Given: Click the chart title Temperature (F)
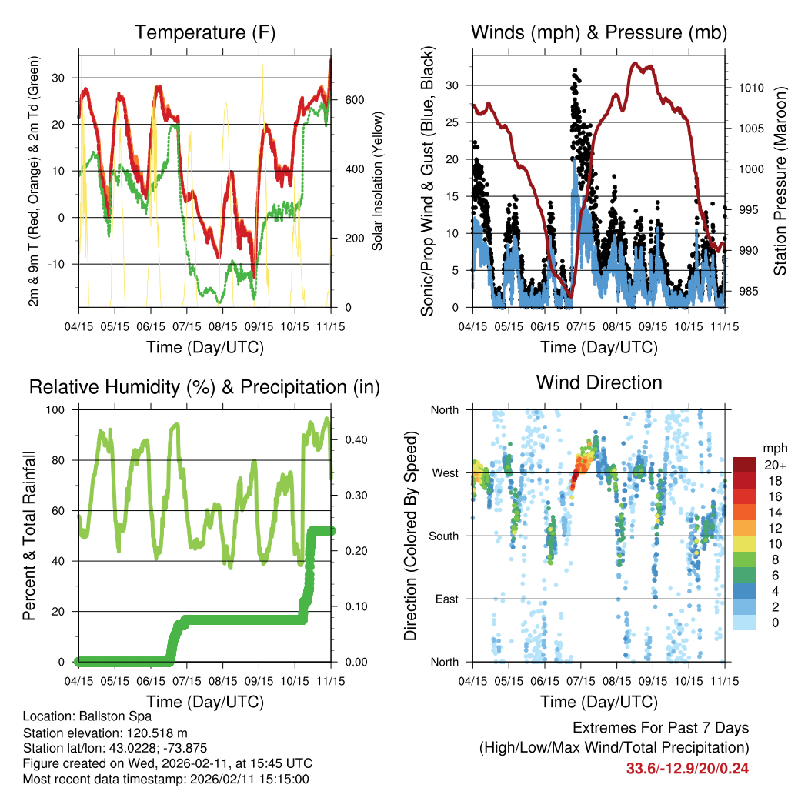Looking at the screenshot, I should click(205, 32).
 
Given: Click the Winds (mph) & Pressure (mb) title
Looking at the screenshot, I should click(599, 32).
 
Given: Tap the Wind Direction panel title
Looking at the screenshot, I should click(599, 382).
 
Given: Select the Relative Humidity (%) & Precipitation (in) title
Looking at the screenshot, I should click(205, 387).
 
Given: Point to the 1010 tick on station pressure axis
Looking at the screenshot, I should click(751, 88).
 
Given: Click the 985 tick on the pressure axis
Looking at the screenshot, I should click(748, 291).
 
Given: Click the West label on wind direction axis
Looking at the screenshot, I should click(445, 472).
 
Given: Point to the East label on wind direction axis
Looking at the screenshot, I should click(446, 599).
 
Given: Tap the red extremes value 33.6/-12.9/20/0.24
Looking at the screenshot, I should click(687, 768).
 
